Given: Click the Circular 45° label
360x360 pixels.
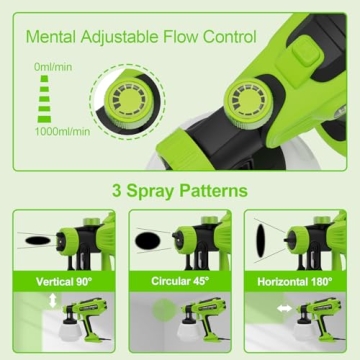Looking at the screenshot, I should [x=179, y=282].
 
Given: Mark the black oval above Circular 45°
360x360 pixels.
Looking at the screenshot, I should [x=149, y=241].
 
